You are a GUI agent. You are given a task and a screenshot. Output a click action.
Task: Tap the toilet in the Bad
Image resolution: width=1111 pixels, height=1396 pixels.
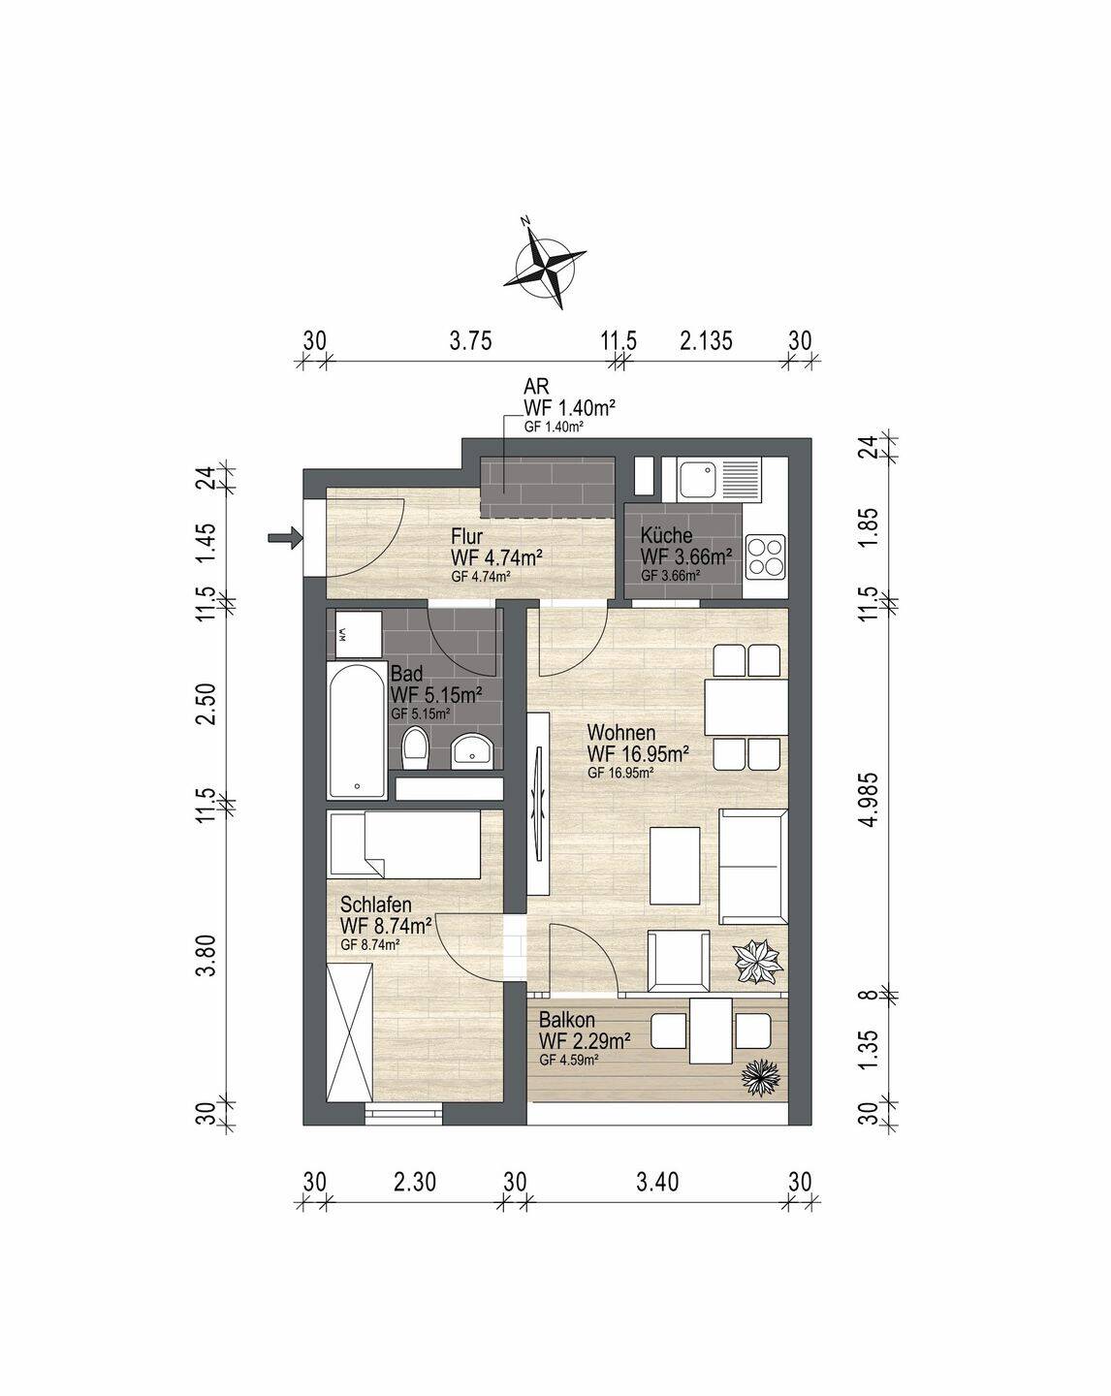tap(415, 748)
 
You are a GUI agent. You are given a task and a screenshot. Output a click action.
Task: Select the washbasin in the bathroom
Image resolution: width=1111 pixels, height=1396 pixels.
tap(473, 750)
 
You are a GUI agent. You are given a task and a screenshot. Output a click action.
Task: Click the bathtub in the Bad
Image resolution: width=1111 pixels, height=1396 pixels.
tap(357, 730)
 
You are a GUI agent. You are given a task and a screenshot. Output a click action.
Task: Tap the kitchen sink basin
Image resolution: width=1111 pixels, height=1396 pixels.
tap(697, 479)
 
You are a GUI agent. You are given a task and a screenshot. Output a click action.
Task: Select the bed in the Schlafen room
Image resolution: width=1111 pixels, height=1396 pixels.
tap(403, 844)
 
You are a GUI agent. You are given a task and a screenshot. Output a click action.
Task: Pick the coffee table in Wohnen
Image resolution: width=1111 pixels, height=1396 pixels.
tap(675, 866)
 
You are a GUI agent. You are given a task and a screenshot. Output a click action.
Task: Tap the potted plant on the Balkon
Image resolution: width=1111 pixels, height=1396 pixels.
tap(762, 1078)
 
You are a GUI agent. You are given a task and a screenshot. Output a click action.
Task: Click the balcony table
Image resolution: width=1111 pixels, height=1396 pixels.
tap(711, 1031)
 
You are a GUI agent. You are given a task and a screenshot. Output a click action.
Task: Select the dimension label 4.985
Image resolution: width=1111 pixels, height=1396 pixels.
tap(871, 799)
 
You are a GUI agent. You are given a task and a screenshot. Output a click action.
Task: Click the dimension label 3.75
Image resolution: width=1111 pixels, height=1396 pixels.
tap(471, 340)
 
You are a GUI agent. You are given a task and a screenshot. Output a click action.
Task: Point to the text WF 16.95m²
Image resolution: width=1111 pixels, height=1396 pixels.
tap(637, 754)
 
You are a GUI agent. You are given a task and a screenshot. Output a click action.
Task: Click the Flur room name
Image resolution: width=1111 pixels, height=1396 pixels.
tap(466, 536)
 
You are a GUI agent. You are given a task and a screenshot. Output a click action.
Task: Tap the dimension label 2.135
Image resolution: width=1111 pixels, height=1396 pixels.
tap(706, 340)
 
